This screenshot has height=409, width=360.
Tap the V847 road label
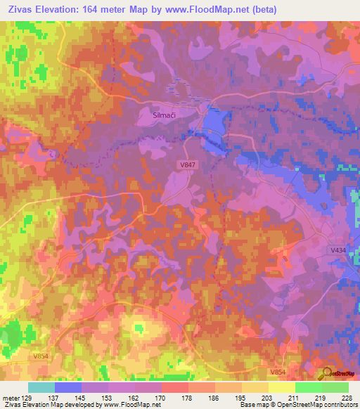click(x=186, y=163)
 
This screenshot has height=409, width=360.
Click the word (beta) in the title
click(x=264, y=10)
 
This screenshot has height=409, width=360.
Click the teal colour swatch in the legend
click(x=41, y=387)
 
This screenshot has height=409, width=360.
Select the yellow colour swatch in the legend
click(x=281, y=387)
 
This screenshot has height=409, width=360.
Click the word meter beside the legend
click(x=11, y=398)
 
